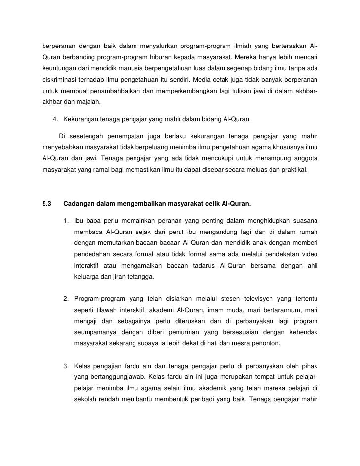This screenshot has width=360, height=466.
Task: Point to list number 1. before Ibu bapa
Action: point(66,220)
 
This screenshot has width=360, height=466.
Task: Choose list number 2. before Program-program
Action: point(66,298)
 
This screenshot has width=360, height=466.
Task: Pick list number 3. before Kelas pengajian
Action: point(66,367)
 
